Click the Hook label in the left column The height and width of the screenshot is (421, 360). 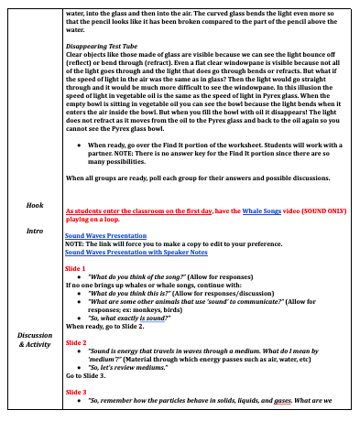coord(35,206)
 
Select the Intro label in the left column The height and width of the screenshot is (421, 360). coord(35,231)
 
